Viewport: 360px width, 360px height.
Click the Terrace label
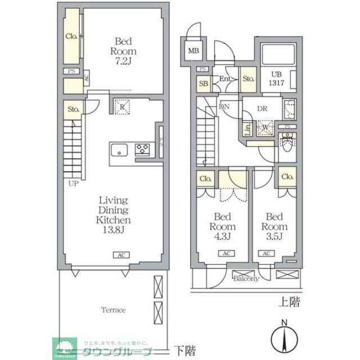tap(113, 310)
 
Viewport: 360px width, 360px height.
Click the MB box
tap(193, 52)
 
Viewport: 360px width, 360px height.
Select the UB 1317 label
tap(276, 79)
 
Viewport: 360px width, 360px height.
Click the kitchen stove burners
tap(142, 150)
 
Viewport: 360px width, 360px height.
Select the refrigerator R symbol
tap(122, 107)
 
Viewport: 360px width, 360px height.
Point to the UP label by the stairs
tap(74, 184)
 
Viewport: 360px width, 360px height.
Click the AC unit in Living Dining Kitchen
tap(120, 255)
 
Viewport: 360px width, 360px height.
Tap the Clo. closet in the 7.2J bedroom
tap(71, 36)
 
